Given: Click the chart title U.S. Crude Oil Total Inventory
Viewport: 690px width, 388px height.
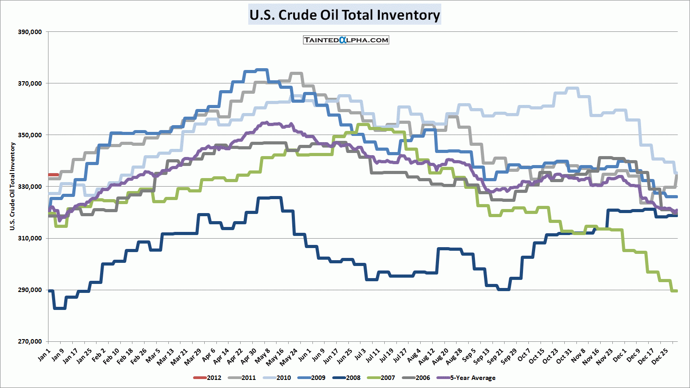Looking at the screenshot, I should tap(345, 15).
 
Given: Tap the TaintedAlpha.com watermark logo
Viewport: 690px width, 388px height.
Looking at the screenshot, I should tap(346, 40).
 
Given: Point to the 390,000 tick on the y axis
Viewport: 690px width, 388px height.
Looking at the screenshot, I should tap(30, 32).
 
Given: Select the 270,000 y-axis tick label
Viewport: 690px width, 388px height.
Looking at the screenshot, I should tap(30, 341).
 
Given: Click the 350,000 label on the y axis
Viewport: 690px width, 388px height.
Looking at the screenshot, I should tap(30, 135).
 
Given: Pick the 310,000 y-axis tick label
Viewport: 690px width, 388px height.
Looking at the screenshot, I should tap(30, 238).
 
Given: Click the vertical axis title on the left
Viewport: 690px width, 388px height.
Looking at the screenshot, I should tap(13, 186).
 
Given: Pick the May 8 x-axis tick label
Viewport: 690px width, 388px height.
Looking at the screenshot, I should tap(262, 356).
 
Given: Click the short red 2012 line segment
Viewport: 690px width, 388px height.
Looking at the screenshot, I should tap(53, 175).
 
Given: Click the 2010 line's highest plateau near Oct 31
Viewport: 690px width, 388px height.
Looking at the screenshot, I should tap(572, 88).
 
